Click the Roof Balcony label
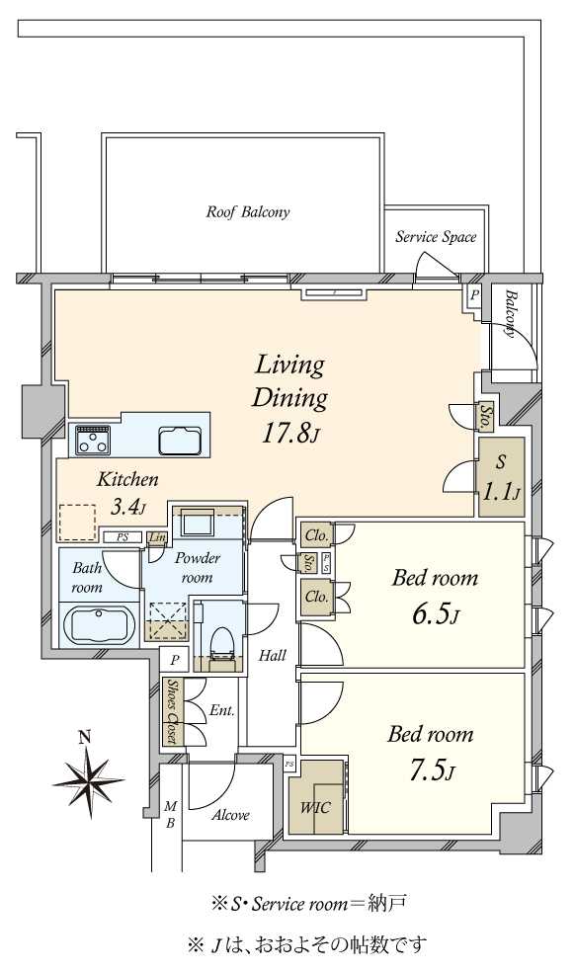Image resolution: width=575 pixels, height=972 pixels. tap(248, 212)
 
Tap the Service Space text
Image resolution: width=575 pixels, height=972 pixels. tap(436, 237)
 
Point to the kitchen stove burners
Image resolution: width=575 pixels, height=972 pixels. tap(93, 441)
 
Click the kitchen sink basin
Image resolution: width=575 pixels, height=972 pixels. tap(181, 441)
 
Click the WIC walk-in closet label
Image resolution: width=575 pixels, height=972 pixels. tap(315, 807)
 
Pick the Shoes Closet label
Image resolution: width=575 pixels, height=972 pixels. tap(171, 711)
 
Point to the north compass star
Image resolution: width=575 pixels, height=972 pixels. tap(89, 781)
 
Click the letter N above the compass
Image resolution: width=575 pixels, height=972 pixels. tap(85, 737)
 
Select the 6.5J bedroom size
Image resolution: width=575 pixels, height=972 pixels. tap(435, 615)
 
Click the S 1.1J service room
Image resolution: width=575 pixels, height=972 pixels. tap(501, 477)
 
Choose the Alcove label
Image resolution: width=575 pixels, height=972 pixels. tap(231, 815)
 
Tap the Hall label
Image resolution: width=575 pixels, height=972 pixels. tap(273, 655)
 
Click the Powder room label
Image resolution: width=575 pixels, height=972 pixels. tap(198, 568)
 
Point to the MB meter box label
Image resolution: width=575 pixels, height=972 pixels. tap(171, 815)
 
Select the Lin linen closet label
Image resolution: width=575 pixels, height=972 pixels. tap(157, 537)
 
